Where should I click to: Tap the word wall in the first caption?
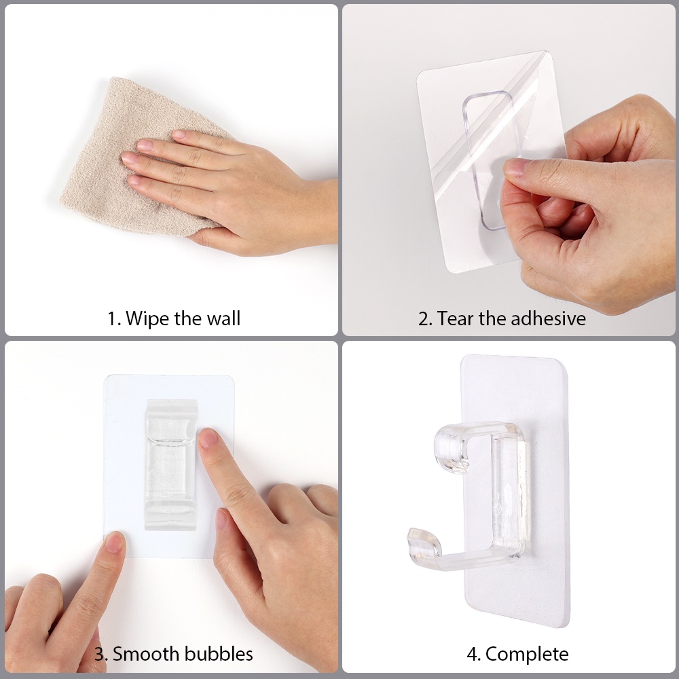click(x=223, y=318)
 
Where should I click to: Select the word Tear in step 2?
click(x=455, y=318)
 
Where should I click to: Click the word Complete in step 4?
click(x=527, y=655)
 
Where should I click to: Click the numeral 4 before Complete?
click(x=473, y=655)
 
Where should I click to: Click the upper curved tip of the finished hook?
click(x=449, y=450)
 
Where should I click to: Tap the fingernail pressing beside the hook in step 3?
click(x=207, y=438)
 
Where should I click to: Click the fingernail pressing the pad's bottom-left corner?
click(x=114, y=542)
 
